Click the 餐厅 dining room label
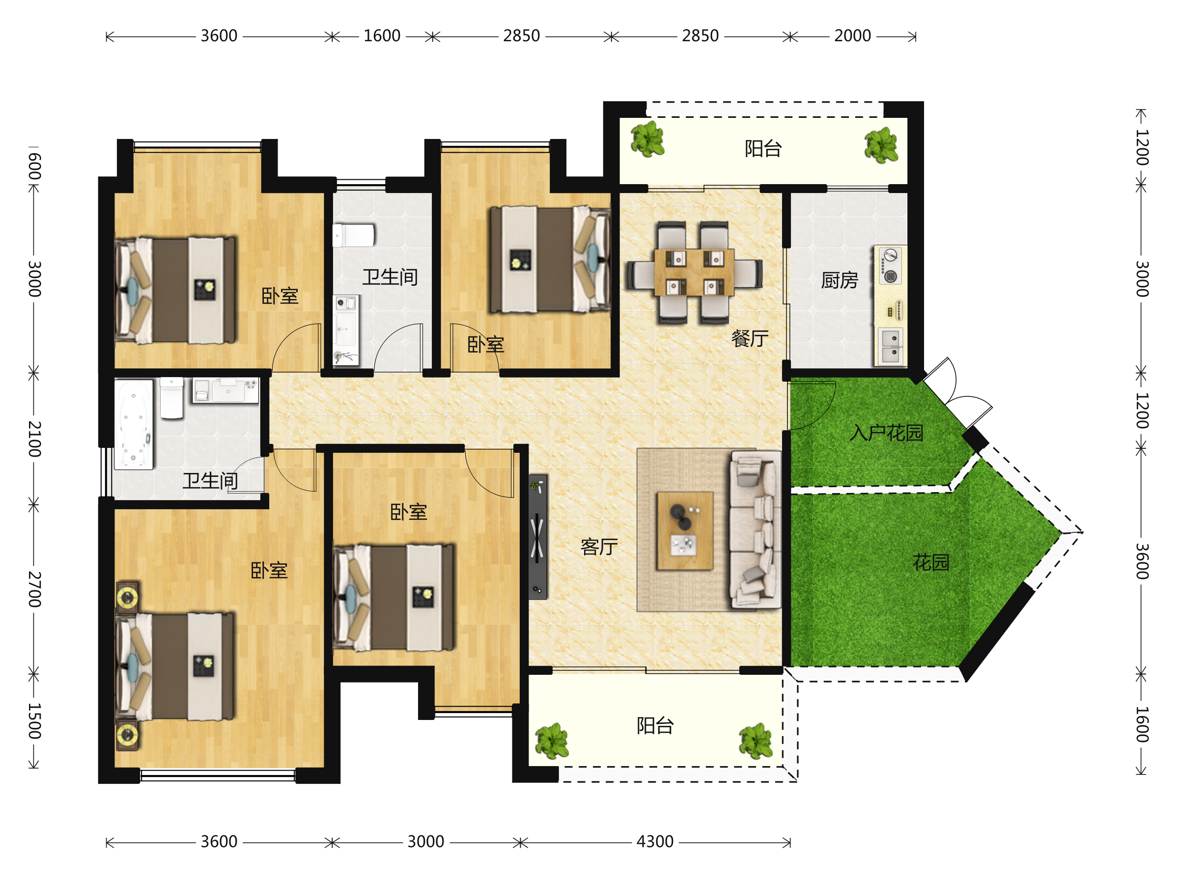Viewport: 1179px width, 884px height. pos(750,338)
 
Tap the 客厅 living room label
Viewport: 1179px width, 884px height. pos(599,547)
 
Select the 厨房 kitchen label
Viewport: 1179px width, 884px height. pos(840,280)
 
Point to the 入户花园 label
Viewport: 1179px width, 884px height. pos(886,433)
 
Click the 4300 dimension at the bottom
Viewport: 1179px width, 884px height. pos(655,841)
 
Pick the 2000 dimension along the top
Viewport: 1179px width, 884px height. pos(852,36)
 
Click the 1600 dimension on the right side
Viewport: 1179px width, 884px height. pos(1142,725)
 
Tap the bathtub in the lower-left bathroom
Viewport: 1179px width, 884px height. pos(134,424)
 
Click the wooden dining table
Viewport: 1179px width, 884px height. pos(694,272)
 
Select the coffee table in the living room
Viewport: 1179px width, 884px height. pos(685,531)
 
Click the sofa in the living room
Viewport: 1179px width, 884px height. pos(755,529)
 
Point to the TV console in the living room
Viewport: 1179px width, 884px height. pos(538,537)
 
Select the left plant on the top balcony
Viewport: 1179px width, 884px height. pos(647,139)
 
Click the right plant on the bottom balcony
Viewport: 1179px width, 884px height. pos(756,741)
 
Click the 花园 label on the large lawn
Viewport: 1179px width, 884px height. pos(931,563)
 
